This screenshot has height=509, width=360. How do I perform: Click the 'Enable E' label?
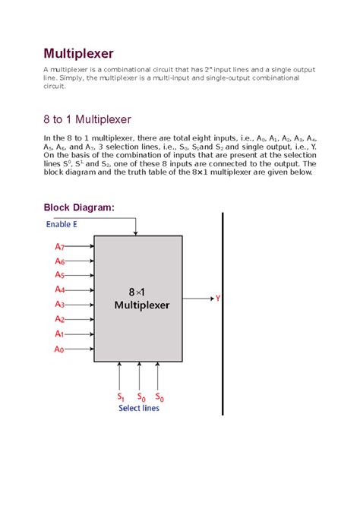tap(62, 224)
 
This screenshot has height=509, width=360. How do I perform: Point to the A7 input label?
tap(59, 247)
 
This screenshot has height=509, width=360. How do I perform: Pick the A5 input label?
tap(59, 275)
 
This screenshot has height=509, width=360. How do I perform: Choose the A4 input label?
tap(59, 289)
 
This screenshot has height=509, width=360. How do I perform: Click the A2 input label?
tap(59, 319)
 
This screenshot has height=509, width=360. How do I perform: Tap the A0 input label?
tap(59, 349)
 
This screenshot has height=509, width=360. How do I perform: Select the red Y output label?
tap(218, 299)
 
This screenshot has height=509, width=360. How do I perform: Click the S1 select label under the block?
tap(120, 397)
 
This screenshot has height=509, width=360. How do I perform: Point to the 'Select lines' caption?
tap(140, 408)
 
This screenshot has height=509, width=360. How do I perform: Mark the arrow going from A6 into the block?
tap(81, 261)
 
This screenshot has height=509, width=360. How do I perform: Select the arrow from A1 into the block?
tap(81, 334)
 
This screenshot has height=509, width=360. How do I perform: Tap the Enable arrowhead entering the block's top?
tap(136, 231)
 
